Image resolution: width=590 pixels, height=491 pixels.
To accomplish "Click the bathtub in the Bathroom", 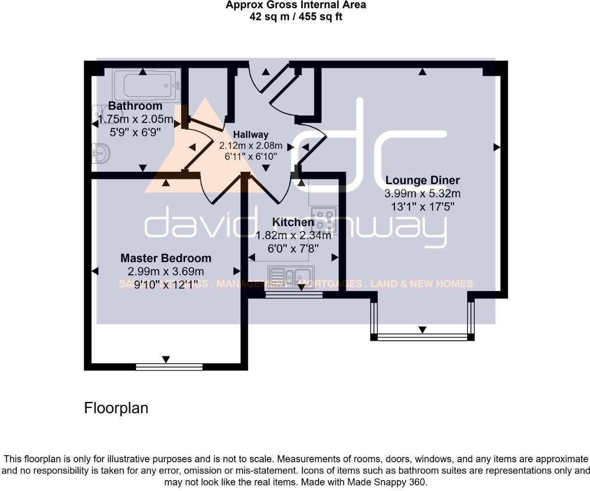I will (x=147, y=85).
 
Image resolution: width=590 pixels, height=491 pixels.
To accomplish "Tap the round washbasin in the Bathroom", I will (x=101, y=154).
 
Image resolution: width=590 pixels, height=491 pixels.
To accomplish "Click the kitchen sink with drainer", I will (x=290, y=276).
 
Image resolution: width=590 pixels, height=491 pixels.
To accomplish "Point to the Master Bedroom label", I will (x=166, y=258).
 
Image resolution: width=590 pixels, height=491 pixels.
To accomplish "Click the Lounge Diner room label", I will (x=422, y=180).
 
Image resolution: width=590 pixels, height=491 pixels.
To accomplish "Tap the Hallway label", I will (x=250, y=135).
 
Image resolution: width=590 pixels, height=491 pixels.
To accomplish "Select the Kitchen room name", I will (x=293, y=222).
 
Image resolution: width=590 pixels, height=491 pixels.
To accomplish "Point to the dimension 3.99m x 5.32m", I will (x=422, y=194).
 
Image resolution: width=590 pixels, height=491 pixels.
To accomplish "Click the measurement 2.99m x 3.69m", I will (x=166, y=271).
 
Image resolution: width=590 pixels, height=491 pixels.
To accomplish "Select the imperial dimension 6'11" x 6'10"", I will (x=250, y=156).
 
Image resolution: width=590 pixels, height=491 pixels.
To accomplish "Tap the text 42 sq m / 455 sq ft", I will (x=295, y=17).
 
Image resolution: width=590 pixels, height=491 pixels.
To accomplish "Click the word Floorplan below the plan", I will (x=116, y=408).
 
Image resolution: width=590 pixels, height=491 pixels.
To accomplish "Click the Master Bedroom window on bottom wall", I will (x=169, y=367).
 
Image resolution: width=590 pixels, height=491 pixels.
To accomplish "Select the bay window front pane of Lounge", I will (x=422, y=338).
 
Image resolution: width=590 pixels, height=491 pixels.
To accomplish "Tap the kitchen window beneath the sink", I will (x=294, y=295).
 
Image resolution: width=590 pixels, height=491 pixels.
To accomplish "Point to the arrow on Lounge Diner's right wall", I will (x=497, y=147).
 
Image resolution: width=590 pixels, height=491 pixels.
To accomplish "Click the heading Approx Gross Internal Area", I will (x=295, y=5).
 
